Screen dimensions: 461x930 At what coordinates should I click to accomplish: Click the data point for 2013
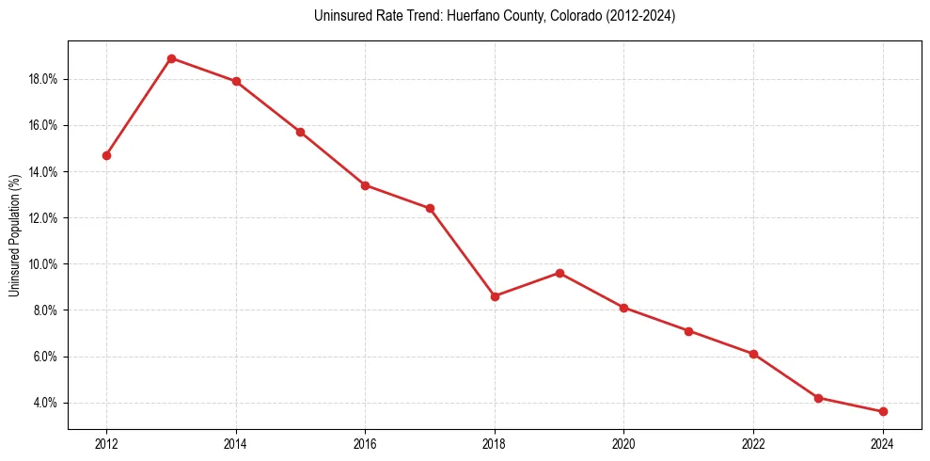[x=171, y=58]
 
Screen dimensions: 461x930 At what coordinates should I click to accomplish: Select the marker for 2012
[x=106, y=155]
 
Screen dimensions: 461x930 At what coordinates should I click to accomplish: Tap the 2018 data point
[x=495, y=296]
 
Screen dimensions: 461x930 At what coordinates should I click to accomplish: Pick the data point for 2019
[x=560, y=273]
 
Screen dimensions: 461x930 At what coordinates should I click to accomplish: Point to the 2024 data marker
[x=883, y=412]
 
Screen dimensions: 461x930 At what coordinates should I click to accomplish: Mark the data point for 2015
[x=300, y=132]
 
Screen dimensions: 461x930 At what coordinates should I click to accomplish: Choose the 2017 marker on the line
[x=430, y=208]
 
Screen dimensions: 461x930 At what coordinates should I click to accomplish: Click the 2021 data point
[x=689, y=331]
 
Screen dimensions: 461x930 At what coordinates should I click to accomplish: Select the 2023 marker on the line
[x=818, y=398]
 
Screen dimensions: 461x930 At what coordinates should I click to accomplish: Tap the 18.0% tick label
[x=44, y=80]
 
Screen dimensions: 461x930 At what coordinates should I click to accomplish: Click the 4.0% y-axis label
[x=46, y=404]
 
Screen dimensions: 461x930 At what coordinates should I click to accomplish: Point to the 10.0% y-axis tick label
[x=44, y=264]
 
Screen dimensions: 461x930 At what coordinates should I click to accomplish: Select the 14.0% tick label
[x=44, y=172]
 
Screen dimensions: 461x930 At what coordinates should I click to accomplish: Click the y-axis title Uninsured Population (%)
[x=15, y=235]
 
